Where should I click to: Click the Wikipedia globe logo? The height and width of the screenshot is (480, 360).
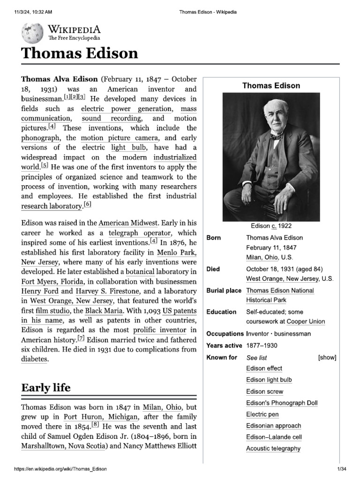(32, 33)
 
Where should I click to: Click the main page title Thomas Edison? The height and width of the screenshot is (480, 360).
(80, 53)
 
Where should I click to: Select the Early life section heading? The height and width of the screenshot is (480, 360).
(46, 387)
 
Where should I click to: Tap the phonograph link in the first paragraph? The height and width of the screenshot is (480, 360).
(40, 138)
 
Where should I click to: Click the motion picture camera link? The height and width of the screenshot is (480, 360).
(120, 138)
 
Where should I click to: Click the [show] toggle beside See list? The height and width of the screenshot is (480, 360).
(327, 358)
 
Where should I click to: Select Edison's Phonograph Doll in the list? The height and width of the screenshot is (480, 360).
(282, 403)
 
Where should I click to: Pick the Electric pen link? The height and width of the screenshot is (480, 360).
(262, 414)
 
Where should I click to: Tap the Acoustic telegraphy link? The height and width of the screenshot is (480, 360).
(273, 449)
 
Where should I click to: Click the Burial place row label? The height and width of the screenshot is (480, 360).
(224, 291)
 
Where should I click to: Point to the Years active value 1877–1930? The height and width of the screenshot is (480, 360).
(262, 345)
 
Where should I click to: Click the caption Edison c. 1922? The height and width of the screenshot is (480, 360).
(271, 226)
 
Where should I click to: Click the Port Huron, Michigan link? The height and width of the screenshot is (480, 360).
(101, 417)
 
